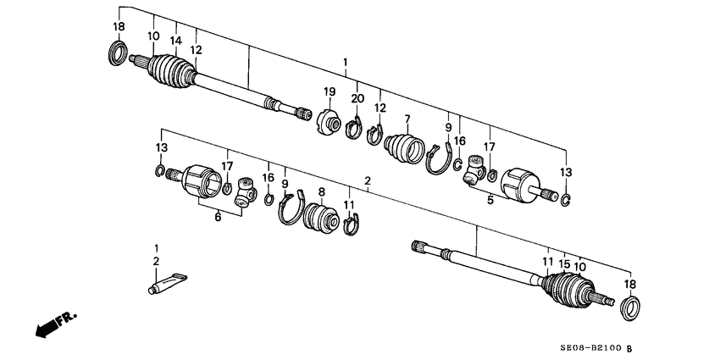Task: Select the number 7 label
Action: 407,119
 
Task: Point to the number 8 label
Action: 322,191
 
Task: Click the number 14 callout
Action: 176,40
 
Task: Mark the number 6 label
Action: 218,217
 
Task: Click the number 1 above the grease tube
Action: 156,248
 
